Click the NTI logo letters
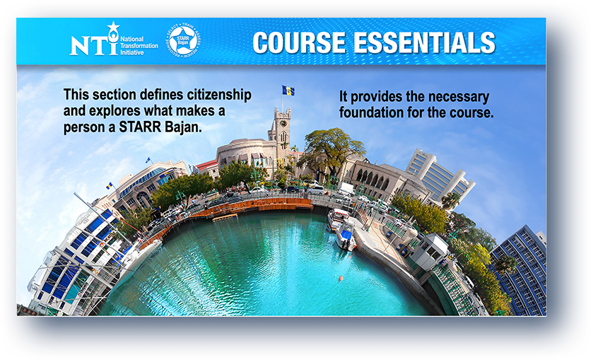(93, 45)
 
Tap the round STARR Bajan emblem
(182, 40)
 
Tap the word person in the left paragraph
(83, 127)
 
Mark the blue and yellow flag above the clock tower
(288, 91)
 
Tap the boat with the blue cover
(346, 237)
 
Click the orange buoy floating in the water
(340, 278)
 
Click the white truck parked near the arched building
(346, 188)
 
